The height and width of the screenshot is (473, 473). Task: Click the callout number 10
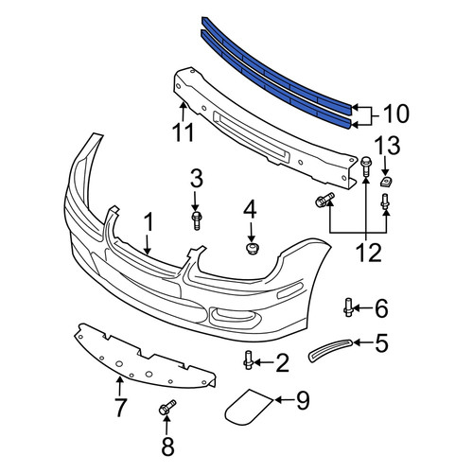pyautogui.click(x=395, y=114)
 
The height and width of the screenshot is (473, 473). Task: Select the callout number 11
pyautogui.click(x=184, y=132)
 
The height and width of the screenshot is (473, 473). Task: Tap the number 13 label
pyautogui.click(x=387, y=147)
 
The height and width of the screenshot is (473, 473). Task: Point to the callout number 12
pyautogui.click(x=369, y=253)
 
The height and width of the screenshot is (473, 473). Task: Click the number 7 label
pyautogui.click(x=120, y=408)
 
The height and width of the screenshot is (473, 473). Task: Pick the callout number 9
pyautogui.click(x=303, y=400)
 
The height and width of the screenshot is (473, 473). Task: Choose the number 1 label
pyautogui.click(x=149, y=222)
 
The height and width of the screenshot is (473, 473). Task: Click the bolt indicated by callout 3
pyautogui.click(x=197, y=220)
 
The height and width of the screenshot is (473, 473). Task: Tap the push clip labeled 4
pyautogui.click(x=251, y=249)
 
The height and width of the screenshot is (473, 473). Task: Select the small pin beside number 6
pyautogui.click(x=348, y=307)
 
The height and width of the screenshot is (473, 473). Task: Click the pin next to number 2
pyautogui.click(x=248, y=360)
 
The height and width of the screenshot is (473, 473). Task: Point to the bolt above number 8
pyautogui.click(x=166, y=408)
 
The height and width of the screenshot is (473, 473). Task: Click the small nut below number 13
pyautogui.click(x=385, y=182)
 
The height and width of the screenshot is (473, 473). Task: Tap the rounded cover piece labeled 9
pyautogui.click(x=247, y=406)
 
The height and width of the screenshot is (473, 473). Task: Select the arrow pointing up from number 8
pyautogui.click(x=166, y=426)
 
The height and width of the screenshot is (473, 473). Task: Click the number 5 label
pyautogui.click(x=381, y=342)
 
